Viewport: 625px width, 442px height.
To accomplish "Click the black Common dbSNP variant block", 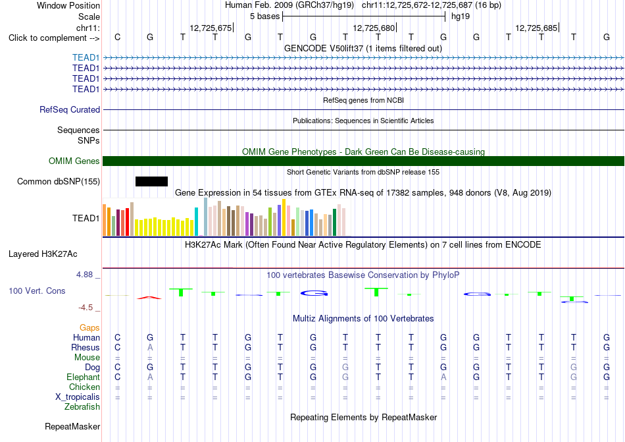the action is (x=151, y=182).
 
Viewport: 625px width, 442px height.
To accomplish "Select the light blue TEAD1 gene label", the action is (x=86, y=58).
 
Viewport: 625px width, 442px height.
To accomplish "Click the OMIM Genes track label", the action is (x=74, y=161).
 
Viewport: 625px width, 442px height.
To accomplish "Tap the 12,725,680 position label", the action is (x=374, y=28).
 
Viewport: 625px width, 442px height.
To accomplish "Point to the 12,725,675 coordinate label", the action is (x=211, y=28).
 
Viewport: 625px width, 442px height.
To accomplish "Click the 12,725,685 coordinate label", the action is (x=536, y=28).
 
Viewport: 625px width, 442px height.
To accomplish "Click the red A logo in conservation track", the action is (x=149, y=297).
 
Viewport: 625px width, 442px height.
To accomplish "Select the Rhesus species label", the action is (x=86, y=347).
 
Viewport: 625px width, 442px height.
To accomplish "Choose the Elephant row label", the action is (x=83, y=377).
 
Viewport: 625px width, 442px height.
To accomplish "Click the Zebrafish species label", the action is (x=82, y=407).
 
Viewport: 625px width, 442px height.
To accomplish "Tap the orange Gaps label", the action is (x=89, y=327).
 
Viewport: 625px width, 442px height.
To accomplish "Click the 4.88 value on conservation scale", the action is (x=84, y=275).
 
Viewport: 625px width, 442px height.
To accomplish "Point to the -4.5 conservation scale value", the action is (x=86, y=308).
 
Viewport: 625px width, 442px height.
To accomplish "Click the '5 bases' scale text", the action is (x=264, y=16).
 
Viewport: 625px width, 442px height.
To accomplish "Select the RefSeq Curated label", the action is (x=70, y=110).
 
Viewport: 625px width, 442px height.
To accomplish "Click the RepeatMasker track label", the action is (x=72, y=426).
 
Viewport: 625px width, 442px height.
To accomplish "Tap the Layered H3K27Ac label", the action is (x=43, y=254).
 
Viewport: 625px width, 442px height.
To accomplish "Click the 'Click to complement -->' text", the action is (x=54, y=38).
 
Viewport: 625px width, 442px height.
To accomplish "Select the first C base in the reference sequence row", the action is (x=117, y=37).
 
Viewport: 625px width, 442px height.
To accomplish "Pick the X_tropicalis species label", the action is (x=78, y=397).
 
